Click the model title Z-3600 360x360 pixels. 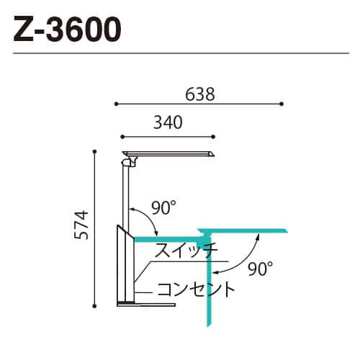66,31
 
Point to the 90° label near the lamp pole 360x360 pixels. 163,209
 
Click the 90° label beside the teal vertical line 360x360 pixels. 260,269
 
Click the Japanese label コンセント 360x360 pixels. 196,290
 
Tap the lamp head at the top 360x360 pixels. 169,153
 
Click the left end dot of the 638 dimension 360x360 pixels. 116,104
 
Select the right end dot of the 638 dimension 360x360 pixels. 282,104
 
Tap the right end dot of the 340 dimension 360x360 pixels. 214,135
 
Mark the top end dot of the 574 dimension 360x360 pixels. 95,151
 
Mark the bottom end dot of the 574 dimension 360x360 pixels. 95,305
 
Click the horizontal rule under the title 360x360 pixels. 180,53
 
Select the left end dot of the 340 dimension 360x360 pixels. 122,135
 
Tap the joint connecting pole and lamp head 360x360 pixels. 128,163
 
